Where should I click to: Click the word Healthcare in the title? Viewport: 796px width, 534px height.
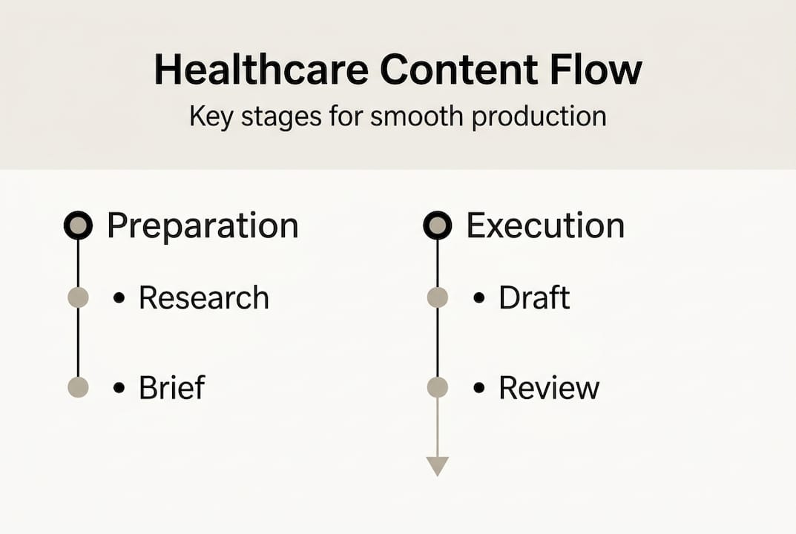click(x=260, y=70)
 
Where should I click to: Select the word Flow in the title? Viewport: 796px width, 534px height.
click(x=598, y=70)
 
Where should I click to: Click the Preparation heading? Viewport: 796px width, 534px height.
click(x=203, y=225)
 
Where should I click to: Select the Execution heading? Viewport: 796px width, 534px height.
click(x=545, y=225)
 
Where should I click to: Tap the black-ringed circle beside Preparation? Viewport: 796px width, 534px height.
click(x=78, y=225)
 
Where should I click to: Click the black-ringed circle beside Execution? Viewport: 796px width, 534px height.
click(x=437, y=225)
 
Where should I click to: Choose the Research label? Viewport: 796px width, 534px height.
click(x=204, y=298)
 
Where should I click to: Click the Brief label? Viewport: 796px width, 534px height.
click(x=171, y=387)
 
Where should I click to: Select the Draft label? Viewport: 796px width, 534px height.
click(x=534, y=298)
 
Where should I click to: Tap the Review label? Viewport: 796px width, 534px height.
click(x=548, y=387)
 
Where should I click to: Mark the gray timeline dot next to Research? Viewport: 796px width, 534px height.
click(x=78, y=298)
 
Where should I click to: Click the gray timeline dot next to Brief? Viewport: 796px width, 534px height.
click(x=78, y=387)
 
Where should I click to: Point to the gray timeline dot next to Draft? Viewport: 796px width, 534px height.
click(x=438, y=298)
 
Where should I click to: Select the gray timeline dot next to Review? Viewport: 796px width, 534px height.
click(x=438, y=387)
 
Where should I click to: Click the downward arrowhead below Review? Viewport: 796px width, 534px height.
click(x=438, y=466)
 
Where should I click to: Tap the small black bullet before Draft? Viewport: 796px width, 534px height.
click(x=479, y=298)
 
